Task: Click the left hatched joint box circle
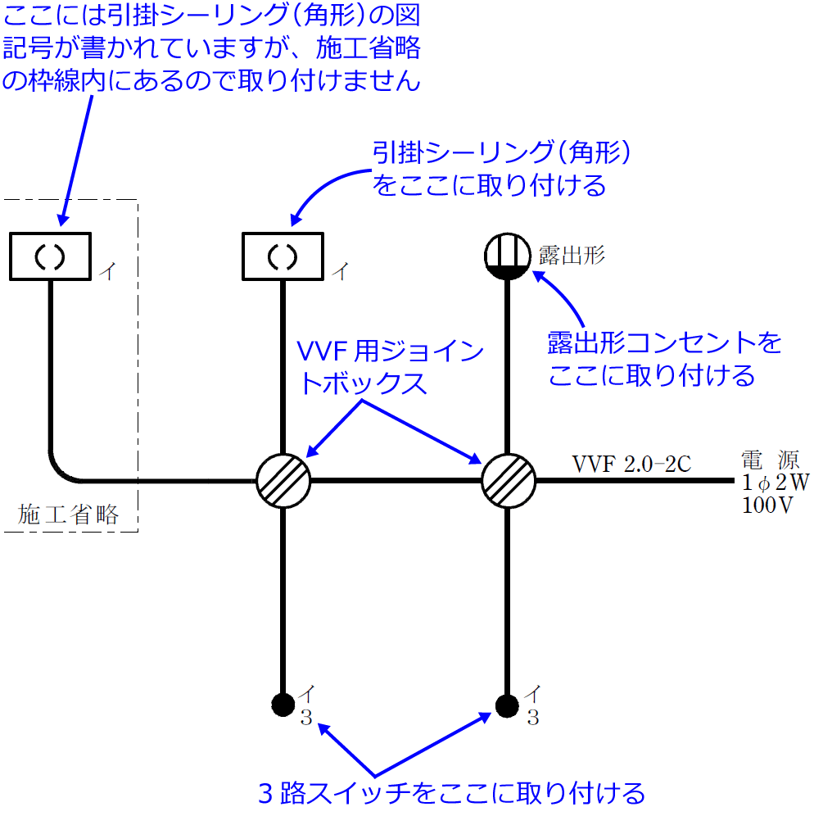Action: point(283,480)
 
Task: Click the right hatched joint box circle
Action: point(508,480)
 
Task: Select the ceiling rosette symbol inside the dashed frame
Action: point(50,256)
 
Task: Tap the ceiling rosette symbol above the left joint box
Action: point(283,256)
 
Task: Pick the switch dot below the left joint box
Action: point(283,703)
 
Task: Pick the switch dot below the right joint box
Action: point(508,703)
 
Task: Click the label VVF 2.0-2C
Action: point(631,464)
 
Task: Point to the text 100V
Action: point(767,505)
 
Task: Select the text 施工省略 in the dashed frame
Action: point(69,515)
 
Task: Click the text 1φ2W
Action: point(775,483)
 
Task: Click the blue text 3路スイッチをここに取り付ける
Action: point(452,792)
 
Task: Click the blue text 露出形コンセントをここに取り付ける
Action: point(664,359)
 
